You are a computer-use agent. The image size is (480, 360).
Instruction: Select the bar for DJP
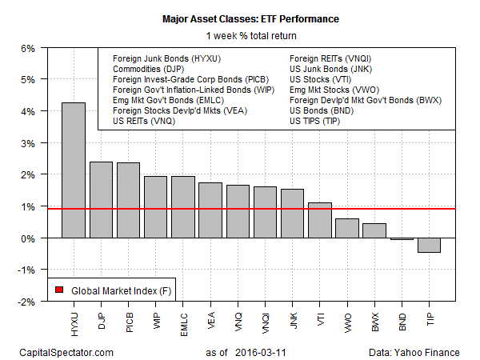101,200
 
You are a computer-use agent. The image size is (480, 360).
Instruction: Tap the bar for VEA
210,210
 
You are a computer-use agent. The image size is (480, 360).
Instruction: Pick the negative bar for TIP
429,245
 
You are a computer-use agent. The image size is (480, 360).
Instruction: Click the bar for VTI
320,220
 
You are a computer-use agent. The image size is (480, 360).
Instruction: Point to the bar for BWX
374,230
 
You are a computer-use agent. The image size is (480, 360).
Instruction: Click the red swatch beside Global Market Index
59,289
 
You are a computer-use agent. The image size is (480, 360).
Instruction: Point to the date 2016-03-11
265,351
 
